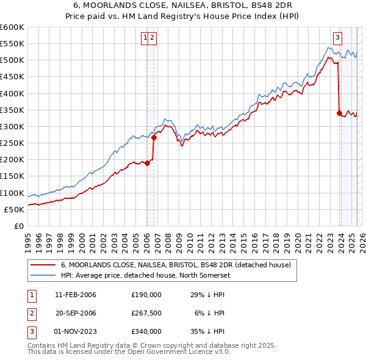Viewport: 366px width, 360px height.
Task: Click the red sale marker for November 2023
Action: click(x=339, y=113)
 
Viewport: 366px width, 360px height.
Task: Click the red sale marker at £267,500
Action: click(x=154, y=137)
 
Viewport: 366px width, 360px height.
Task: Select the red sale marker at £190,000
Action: click(x=147, y=163)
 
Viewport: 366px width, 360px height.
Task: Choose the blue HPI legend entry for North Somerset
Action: click(x=152, y=275)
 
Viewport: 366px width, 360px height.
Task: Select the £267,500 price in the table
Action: click(x=146, y=313)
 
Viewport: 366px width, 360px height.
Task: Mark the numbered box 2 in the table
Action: click(x=30, y=313)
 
